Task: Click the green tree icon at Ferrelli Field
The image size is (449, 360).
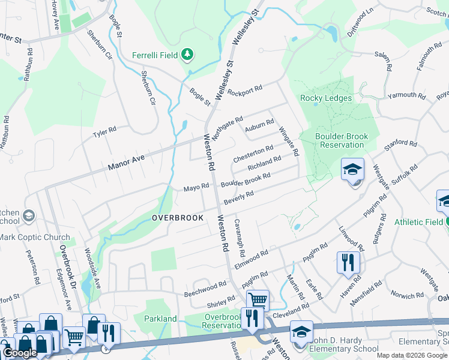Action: click(188, 55)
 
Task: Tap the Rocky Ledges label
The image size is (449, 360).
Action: click(326, 98)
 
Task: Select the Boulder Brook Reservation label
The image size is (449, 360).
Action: click(342, 140)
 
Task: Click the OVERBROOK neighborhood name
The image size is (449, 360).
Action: click(178, 218)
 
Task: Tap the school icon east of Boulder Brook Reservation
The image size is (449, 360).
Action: click(352, 170)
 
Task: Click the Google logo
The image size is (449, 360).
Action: click(20, 353)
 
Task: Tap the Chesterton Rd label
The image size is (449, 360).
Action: click(253, 154)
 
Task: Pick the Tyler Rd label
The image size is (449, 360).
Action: click(104, 131)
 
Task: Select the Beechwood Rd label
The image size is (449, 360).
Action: click(205, 289)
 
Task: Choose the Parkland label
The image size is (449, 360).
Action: click(161, 319)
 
